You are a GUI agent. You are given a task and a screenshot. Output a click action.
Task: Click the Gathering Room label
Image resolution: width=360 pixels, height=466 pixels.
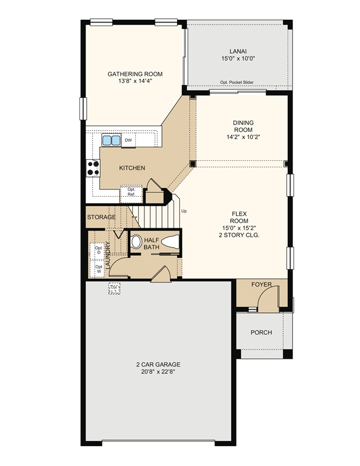tap(135, 74)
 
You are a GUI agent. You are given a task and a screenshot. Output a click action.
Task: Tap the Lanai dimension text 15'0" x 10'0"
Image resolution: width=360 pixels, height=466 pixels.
tap(238, 59)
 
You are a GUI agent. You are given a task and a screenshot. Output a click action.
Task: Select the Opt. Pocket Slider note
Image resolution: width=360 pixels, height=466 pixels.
tap(237, 82)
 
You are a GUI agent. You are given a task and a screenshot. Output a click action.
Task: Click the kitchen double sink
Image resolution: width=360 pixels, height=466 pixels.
tap(111, 140)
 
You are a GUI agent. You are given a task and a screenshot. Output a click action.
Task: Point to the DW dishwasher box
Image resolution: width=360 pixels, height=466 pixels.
tap(128, 140)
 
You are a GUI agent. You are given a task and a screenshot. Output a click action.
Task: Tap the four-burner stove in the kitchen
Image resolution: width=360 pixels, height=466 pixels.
tap(93, 168)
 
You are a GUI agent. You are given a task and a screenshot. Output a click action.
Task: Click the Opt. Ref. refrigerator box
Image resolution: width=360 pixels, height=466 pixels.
tap(131, 192)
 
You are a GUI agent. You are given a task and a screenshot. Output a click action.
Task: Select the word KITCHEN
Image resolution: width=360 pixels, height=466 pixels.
tap(132, 168)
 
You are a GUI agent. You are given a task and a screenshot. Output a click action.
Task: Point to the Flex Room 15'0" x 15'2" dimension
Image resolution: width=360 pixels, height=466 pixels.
tap(239, 228)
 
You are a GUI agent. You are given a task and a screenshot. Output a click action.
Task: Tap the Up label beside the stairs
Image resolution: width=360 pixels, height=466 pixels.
tap(184, 211)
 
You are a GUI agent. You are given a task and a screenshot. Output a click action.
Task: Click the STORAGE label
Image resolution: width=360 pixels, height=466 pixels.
tap(101, 217)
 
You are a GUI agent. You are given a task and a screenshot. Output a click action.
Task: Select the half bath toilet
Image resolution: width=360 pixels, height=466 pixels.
tap(171, 242)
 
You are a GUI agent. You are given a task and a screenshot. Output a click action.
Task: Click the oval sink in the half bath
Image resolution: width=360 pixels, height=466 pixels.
tap(136, 242)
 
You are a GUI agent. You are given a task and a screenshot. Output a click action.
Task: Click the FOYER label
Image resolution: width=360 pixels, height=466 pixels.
tap(262, 284)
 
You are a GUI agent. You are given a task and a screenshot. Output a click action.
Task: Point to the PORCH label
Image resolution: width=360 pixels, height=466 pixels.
tap(261, 332)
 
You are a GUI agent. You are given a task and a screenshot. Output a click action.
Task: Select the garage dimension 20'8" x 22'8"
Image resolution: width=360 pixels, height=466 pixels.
tap(158, 372)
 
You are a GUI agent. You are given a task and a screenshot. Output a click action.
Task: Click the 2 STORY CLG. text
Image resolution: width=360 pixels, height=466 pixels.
tap(239, 235)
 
